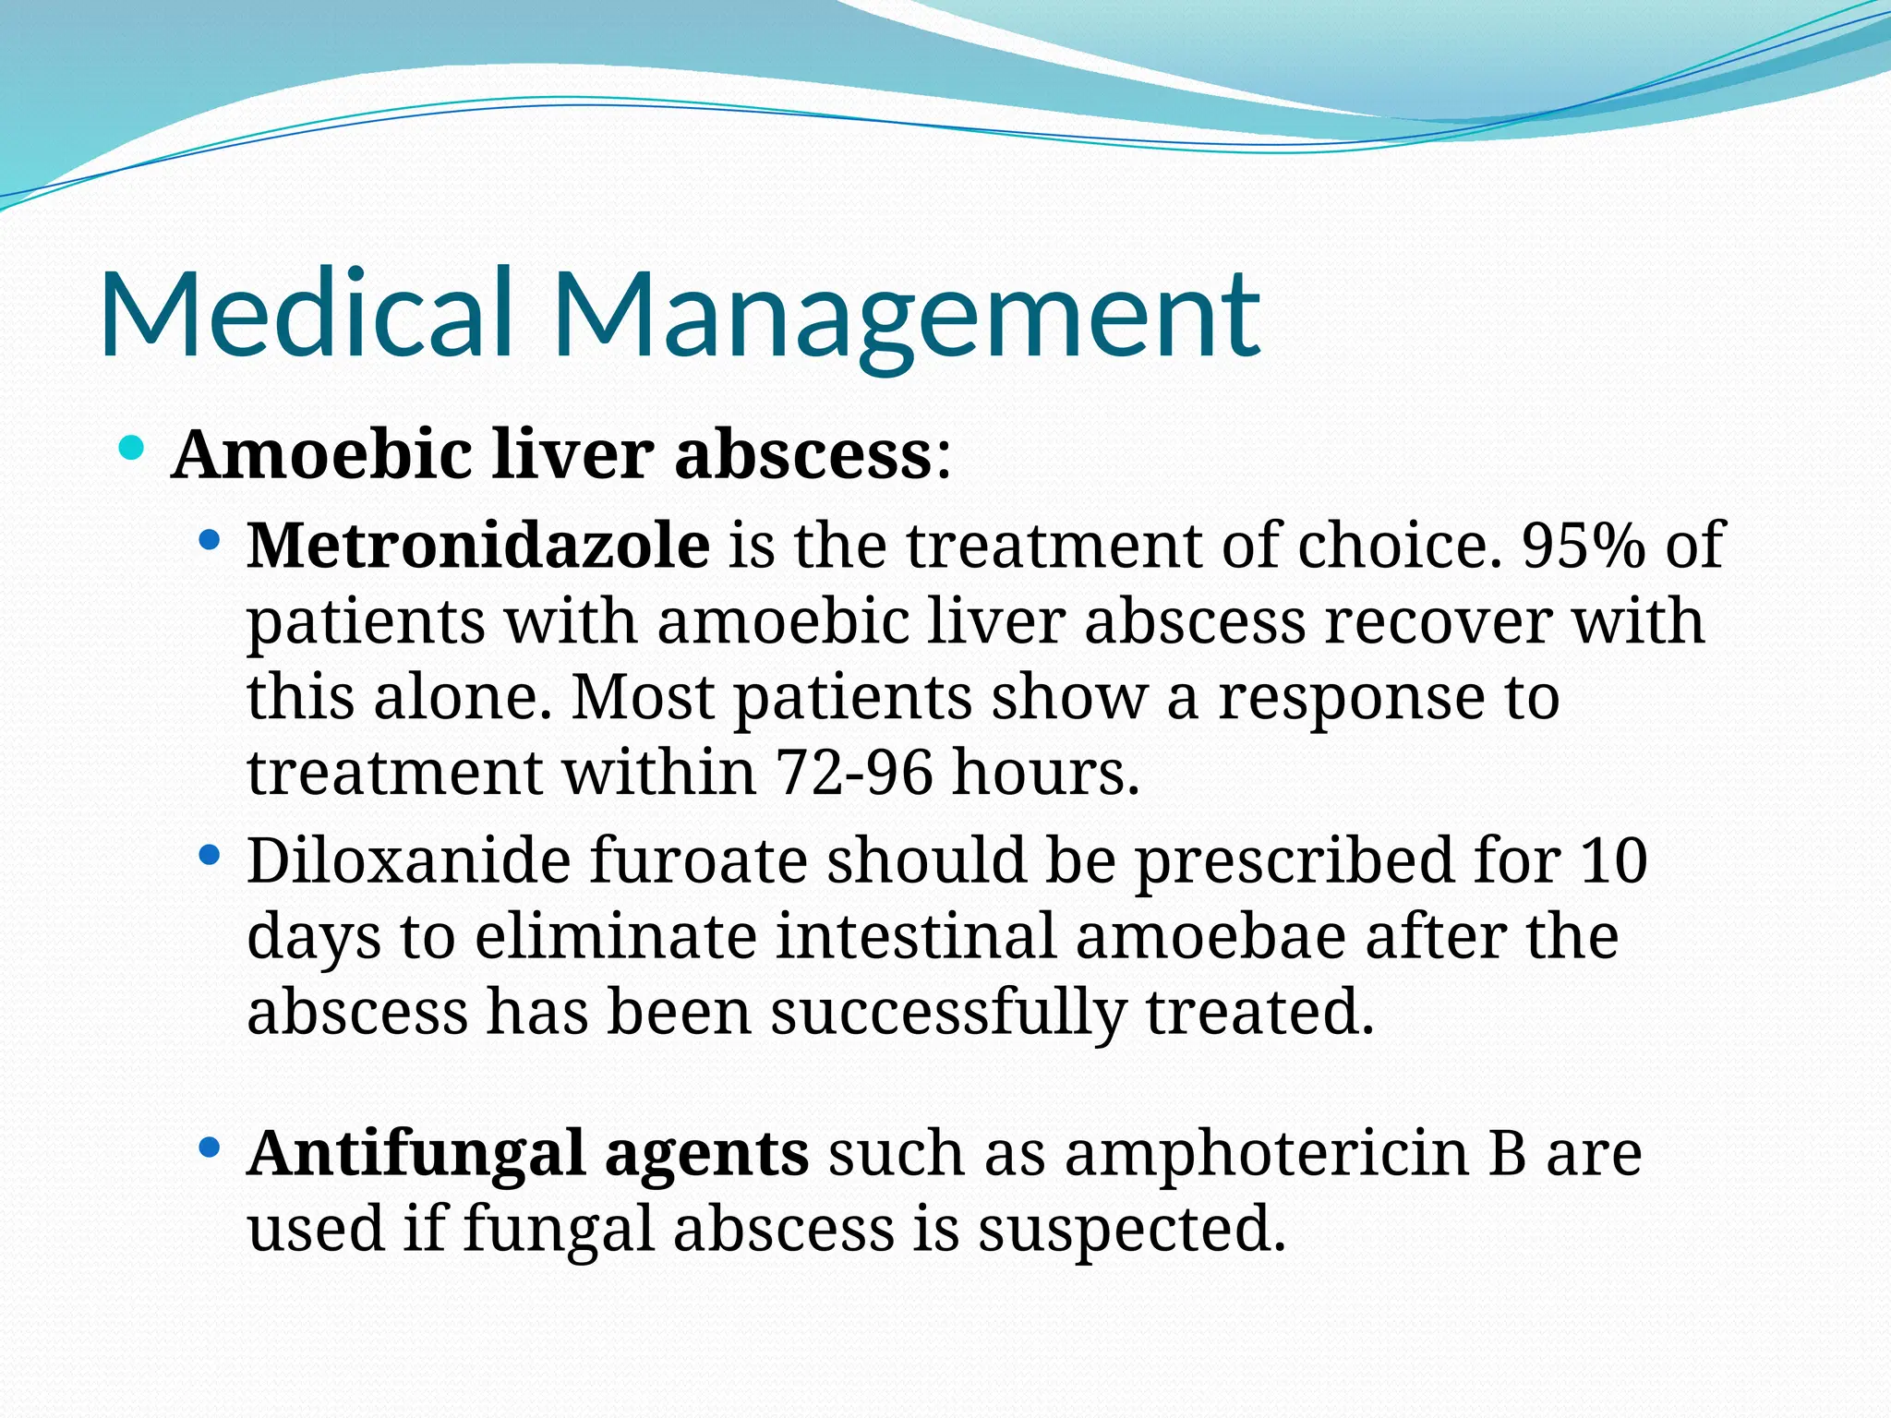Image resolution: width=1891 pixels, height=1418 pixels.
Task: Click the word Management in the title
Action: [x=906, y=314]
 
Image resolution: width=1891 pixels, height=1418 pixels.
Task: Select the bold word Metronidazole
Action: [x=478, y=545]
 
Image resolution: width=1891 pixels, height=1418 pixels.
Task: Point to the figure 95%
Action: [x=1583, y=545]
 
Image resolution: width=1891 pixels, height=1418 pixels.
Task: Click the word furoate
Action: [x=697, y=860]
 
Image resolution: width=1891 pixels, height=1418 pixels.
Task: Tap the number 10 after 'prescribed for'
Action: [x=1613, y=860]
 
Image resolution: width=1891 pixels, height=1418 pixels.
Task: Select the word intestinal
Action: [x=915, y=936]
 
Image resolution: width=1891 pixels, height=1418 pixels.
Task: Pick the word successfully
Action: [x=947, y=1012]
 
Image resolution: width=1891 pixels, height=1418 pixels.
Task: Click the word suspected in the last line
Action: [x=1131, y=1230]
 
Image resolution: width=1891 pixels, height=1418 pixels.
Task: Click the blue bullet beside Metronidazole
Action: [x=210, y=539]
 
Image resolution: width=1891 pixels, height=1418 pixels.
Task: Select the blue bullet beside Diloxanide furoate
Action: [x=210, y=855]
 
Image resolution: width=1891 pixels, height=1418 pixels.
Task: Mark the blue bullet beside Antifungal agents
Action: [x=210, y=1148]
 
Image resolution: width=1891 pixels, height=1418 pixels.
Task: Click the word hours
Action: [x=1046, y=772]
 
